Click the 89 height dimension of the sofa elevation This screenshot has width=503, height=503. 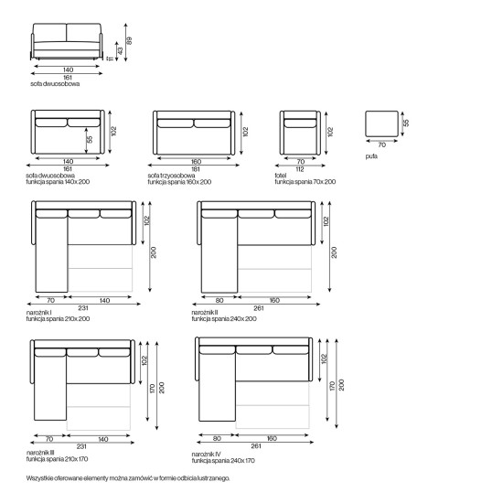[x=129, y=41]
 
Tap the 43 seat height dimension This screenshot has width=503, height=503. [x=121, y=50]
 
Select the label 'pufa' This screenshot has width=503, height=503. [x=371, y=156]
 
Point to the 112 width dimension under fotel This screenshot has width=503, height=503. [x=299, y=169]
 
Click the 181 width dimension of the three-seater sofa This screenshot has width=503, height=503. [x=196, y=169]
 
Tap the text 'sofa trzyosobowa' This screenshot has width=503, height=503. [x=171, y=176]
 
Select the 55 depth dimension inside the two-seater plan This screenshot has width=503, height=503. [x=90, y=140]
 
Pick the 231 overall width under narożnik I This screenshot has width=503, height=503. [x=82, y=308]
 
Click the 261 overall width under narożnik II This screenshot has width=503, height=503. [x=259, y=308]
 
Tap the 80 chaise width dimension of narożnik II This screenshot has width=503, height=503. [x=219, y=301]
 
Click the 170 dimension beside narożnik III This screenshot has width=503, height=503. [x=152, y=389]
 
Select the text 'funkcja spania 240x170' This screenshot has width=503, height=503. [x=223, y=461]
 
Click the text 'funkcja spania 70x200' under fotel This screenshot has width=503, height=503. [x=305, y=182]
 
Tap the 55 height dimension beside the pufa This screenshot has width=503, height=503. [x=406, y=123]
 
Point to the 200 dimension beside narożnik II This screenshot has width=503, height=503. [x=334, y=252]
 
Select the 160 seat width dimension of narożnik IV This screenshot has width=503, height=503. [x=272, y=438]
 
